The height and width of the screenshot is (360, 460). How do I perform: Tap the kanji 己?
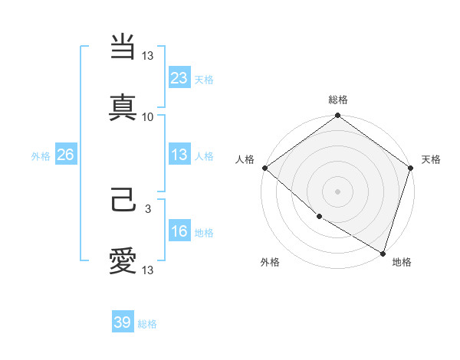123,202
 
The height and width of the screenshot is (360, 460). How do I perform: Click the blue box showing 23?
179,77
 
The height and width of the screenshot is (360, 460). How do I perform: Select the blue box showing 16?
179,232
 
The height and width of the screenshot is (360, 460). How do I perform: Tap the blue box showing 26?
65,155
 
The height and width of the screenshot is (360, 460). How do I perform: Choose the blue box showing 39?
123,322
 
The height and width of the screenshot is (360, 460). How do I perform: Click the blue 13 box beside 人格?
179,155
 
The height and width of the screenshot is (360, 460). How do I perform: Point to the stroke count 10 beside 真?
148,116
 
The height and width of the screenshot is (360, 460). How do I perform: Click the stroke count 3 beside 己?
149,208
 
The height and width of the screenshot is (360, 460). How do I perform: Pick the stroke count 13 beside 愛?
149,270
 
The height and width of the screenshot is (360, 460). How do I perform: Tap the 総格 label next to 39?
147,324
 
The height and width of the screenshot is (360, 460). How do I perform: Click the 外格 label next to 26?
41,156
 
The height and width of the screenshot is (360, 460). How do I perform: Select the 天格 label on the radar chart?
431,159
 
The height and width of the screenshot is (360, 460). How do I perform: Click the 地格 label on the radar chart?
402,263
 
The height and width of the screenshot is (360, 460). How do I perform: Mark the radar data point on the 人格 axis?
264,168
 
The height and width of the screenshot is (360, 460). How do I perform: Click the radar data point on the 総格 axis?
337,116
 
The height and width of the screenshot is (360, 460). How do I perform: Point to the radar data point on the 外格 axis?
319,217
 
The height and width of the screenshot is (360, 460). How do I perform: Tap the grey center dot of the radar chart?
337,191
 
